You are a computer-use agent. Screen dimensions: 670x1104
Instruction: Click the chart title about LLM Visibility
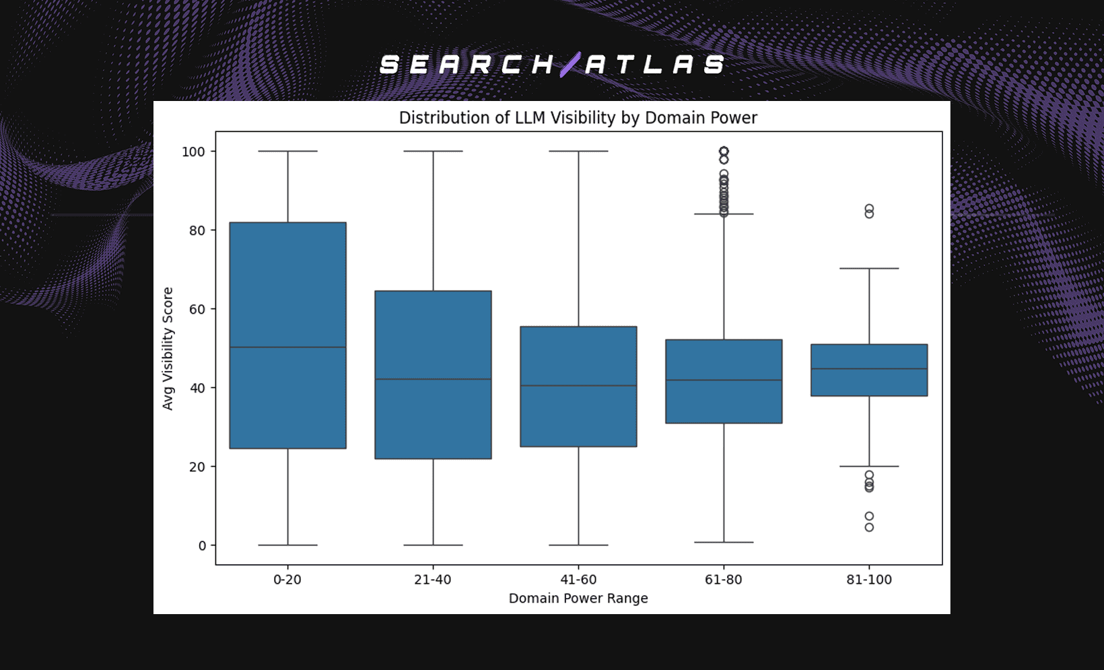point(578,118)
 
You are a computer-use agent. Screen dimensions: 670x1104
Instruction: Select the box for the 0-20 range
point(287,283)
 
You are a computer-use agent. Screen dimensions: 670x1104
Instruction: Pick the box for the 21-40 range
point(433,337)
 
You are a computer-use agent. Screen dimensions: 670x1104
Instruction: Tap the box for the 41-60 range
point(578,357)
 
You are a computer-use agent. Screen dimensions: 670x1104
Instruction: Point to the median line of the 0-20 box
point(287,347)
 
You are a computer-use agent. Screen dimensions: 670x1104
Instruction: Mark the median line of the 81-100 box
point(869,369)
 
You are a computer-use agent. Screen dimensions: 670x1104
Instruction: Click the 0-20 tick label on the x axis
point(287,580)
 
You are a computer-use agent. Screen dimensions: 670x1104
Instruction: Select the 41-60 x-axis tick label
point(578,580)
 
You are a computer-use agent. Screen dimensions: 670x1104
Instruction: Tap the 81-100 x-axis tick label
point(869,580)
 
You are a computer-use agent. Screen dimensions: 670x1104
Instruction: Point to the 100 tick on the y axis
point(193,152)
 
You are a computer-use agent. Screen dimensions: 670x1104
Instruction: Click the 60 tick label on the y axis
point(197,309)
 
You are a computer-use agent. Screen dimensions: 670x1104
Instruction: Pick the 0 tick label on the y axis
point(202,545)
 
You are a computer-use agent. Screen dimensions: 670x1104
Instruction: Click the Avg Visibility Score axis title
point(168,348)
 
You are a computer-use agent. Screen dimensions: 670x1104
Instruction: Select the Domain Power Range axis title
point(578,599)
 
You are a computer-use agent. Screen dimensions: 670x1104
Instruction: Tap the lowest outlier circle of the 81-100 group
point(869,527)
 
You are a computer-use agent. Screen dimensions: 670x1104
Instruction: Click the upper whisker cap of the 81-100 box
point(869,269)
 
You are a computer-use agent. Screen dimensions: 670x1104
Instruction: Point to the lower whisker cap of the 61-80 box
point(724,542)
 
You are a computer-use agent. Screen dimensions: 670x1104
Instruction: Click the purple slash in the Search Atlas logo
point(570,65)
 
